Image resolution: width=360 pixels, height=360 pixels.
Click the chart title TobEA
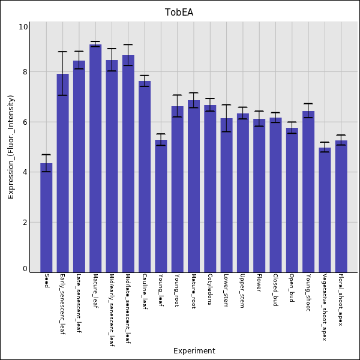click(x=179, y=13)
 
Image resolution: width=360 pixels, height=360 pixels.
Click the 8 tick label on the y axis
click(x=23, y=73)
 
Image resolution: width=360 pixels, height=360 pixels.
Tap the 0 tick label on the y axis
click(x=24, y=269)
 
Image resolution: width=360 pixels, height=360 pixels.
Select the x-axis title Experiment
click(x=194, y=351)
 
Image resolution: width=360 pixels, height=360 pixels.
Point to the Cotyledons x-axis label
click(x=210, y=290)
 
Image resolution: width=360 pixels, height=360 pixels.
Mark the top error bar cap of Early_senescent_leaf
click(x=62, y=52)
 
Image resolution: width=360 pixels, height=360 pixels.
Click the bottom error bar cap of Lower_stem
click(x=226, y=131)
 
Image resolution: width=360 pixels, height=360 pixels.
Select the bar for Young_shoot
click(x=308, y=191)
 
